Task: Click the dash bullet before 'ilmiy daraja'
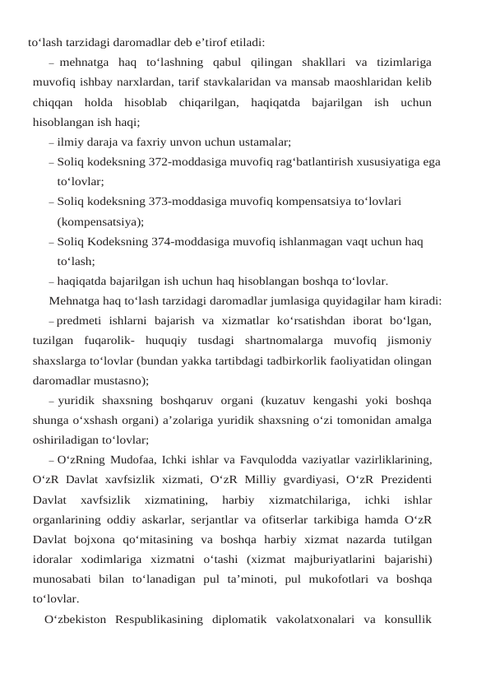(x=52, y=142)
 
